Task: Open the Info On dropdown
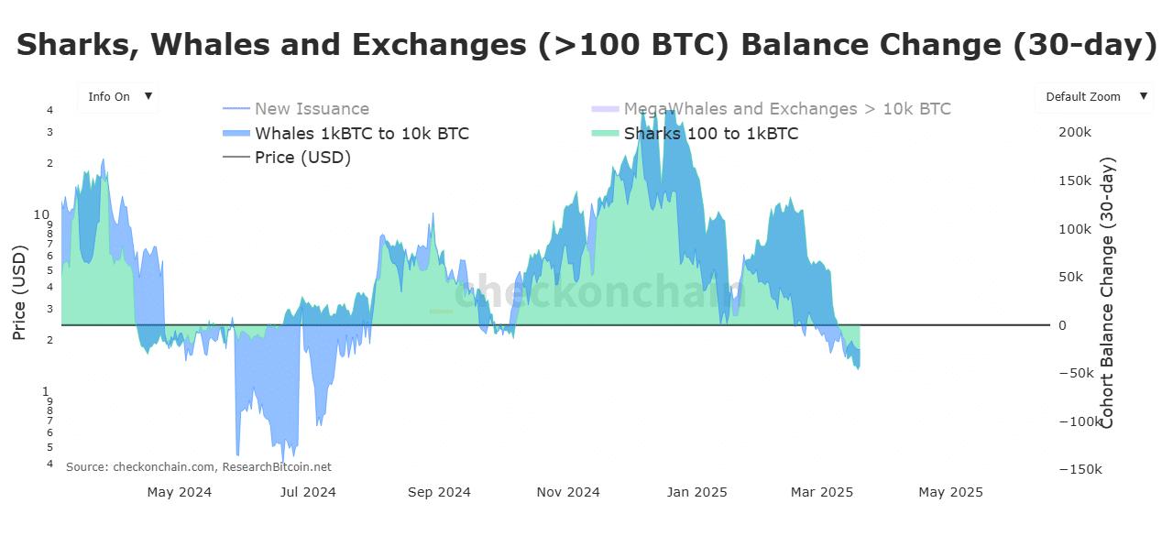pos(118,96)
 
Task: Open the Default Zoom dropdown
pos(1094,96)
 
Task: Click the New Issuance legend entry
pos(312,109)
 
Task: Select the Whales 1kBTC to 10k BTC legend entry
pos(361,134)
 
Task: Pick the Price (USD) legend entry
pos(302,158)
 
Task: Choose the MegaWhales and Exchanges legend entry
pos(786,109)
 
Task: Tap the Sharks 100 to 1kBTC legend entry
pos(710,134)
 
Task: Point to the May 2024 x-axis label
pos(179,492)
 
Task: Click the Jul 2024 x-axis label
pos(308,492)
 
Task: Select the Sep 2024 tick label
pos(438,492)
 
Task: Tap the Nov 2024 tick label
pos(568,492)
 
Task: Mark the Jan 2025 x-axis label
pos(696,492)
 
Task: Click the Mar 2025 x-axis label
pos(821,492)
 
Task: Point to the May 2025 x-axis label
pos(950,492)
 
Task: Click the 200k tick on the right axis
pos(1074,133)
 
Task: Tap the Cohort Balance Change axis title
pos(1107,293)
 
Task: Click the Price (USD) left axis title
pos(19,293)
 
